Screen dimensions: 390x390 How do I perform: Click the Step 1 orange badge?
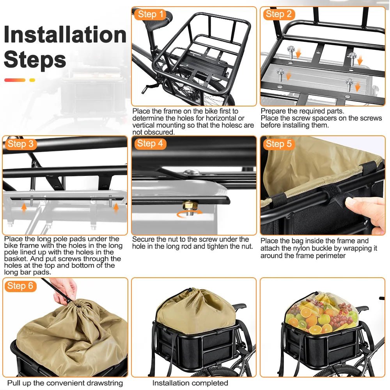[x=151, y=15]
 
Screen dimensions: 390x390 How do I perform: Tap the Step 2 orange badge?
[x=278, y=15]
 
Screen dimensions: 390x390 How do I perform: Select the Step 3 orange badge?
[x=21, y=144]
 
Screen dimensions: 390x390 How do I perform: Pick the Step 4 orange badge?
[x=150, y=144]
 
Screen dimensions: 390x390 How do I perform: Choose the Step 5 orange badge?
[x=278, y=144]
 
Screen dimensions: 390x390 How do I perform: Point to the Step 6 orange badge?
[x=21, y=286]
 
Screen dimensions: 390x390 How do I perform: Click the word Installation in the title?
[x=65, y=35]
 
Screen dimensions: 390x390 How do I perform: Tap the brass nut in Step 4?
[x=189, y=205]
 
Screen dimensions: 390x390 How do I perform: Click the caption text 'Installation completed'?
[x=190, y=383]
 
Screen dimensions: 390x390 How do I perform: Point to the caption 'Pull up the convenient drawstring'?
[x=65, y=383]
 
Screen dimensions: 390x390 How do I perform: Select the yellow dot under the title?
[x=32, y=80]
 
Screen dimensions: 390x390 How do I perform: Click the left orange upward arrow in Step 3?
[x=24, y=208]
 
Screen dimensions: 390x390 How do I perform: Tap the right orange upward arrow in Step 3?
[x=116, y=208]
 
